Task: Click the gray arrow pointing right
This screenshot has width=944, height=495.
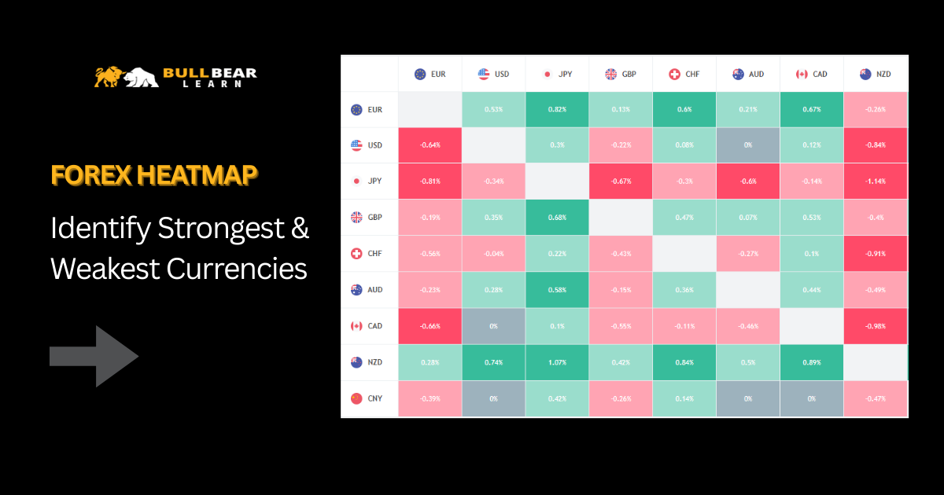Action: click(x=94, y=356)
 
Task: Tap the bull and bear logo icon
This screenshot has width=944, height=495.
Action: click(x=126, y=76)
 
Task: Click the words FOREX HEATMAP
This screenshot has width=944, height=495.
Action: click(x=154, y=175)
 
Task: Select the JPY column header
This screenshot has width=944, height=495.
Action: click(x=558, y=75)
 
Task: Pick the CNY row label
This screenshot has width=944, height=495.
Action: click(x=367, y=398)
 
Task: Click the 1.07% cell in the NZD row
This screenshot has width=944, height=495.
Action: click(x=558, y=362)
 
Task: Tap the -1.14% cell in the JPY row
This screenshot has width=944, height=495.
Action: click(x=875, y=181)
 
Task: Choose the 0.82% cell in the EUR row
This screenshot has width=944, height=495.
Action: click(x=558, y=109)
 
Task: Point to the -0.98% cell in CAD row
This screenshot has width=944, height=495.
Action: click(x=875, y=326)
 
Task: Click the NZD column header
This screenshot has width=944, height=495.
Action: click(x=875, y=75)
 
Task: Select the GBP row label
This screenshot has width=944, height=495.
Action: click(x=367, y=218)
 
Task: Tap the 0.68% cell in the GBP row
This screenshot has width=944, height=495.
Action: click(x=558, y=218)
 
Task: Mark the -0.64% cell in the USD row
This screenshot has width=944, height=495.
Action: click(x=430, y=145)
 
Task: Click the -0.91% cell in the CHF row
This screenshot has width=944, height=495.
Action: click(x=875, y=254)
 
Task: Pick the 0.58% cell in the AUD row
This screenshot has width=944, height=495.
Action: click(x=558, y=290)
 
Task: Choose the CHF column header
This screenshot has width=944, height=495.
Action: click(x=684, y=75)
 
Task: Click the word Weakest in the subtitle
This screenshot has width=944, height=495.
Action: click(x=105, y=269)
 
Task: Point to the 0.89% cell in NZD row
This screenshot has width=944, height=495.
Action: click(x=811, y=362)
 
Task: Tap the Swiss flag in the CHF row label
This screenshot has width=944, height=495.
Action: click(x=356, y=254)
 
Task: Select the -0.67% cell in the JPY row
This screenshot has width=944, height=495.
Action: click(x=621, y=181)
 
